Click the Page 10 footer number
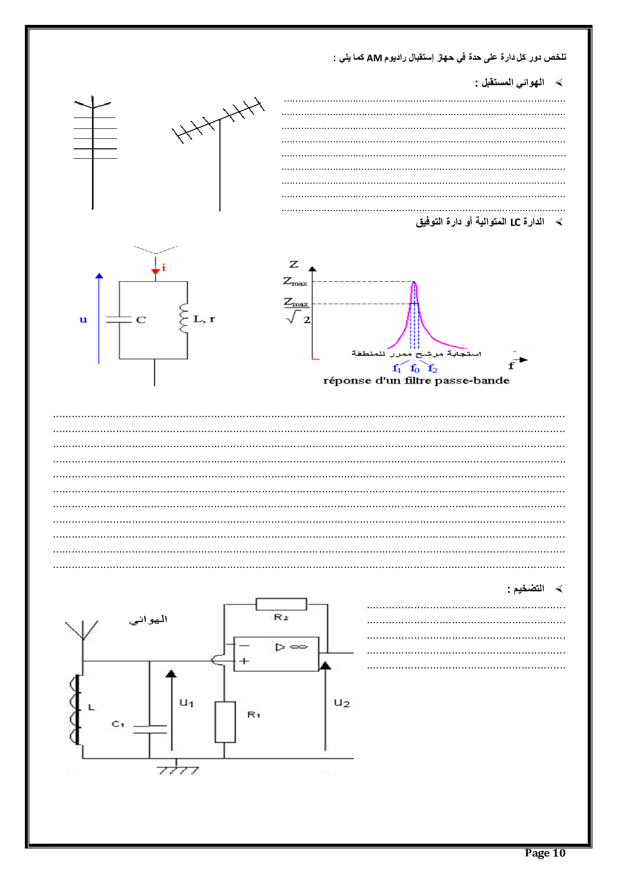[545, 853]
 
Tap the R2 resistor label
[281, 617]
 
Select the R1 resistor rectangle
[225, 722]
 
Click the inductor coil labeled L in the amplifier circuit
[76, 709]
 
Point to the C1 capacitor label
[118, 724]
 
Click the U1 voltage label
[187, 703]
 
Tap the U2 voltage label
[342, 703]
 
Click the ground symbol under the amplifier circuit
[178, 769]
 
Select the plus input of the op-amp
[244, 661]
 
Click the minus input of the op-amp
[244, 646]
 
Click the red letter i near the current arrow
[164, 268]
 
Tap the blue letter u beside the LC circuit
[83, 320]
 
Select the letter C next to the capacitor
[141, 320]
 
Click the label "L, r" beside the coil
[204, 319]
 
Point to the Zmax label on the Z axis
[295, 282]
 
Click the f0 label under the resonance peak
[415, 368]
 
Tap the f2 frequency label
[432, 368]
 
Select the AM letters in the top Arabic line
[374, 58]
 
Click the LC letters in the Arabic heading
[515, 222]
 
